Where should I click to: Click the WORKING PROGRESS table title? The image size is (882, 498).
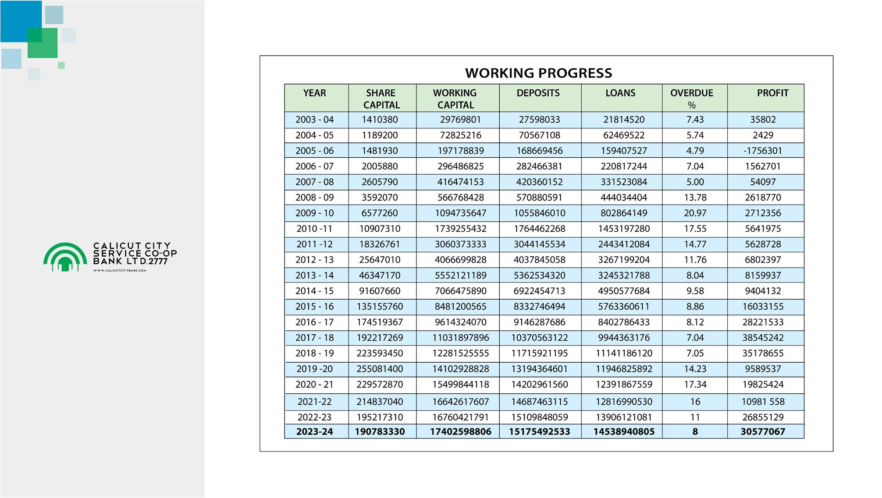click(x=538, y=73)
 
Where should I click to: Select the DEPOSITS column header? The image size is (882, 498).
click(x=538, y=93)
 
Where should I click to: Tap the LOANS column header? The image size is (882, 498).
click(x=620, y=93)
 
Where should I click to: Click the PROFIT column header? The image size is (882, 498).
click(x=772, y=93)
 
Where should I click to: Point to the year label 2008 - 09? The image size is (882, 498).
click(x=314, y=198)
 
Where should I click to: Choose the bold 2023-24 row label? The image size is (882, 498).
click(x=314, y=431)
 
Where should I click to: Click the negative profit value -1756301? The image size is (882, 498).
click(x=762, y=151)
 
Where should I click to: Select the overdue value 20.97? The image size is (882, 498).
click(x=695, y=213)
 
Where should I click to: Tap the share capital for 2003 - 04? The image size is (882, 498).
click(x=380, y=120)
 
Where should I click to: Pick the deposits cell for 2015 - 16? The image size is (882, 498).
click(x=539, y=307)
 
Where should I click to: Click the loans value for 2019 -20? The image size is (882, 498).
click(x=623, y=369)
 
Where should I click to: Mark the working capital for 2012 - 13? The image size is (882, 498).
click(x=460, y=260)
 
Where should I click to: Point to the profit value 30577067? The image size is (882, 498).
click(x=762, y=431)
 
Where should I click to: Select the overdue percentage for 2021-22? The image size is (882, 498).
click(x=695, y=402)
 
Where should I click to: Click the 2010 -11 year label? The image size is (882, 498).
click(x=314, y=229)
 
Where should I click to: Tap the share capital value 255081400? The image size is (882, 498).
click(x=380, y=369)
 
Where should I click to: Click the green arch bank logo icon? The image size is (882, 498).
click(x=65, y=257)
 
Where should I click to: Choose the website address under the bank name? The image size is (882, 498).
click(x=120, y=271)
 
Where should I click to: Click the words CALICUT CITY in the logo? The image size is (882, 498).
click(x=132, y=246)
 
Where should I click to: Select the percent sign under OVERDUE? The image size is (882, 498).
click(x=691, y=105)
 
